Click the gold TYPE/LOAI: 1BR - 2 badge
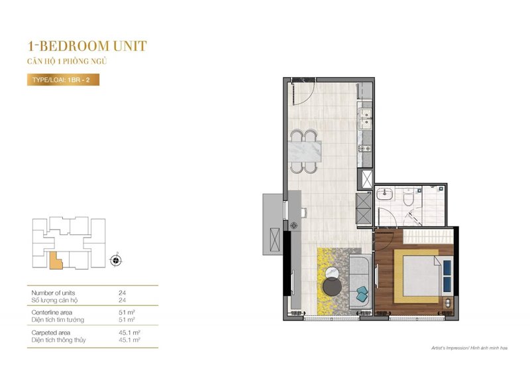point(63,80)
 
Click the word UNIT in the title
point(130,46)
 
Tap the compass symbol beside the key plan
point(116,260)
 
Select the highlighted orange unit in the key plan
point(56,261)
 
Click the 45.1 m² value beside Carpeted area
point(129,333)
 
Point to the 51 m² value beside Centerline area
point(127,313)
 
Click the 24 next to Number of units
point(123,293)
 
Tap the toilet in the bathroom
point(408,198)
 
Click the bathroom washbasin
point(385,194)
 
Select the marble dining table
point(304,151)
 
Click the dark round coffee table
point(333,286)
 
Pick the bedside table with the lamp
point(448,302)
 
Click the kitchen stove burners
point(365,148)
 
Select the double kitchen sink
point(366,119)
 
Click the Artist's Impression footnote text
point(469,348)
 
